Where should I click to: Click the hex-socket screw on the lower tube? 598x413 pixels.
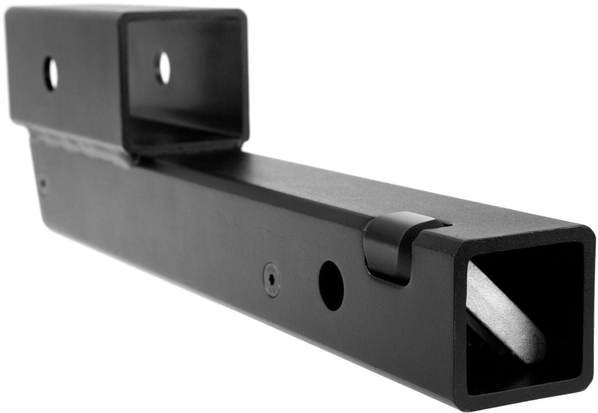(272, 279)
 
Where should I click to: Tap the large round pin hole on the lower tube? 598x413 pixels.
(331, 285)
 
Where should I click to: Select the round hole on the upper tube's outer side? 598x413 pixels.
(51, 73)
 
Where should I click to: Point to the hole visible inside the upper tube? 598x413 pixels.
(162, 68)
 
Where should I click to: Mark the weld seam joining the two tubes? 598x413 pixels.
(80, 144)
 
